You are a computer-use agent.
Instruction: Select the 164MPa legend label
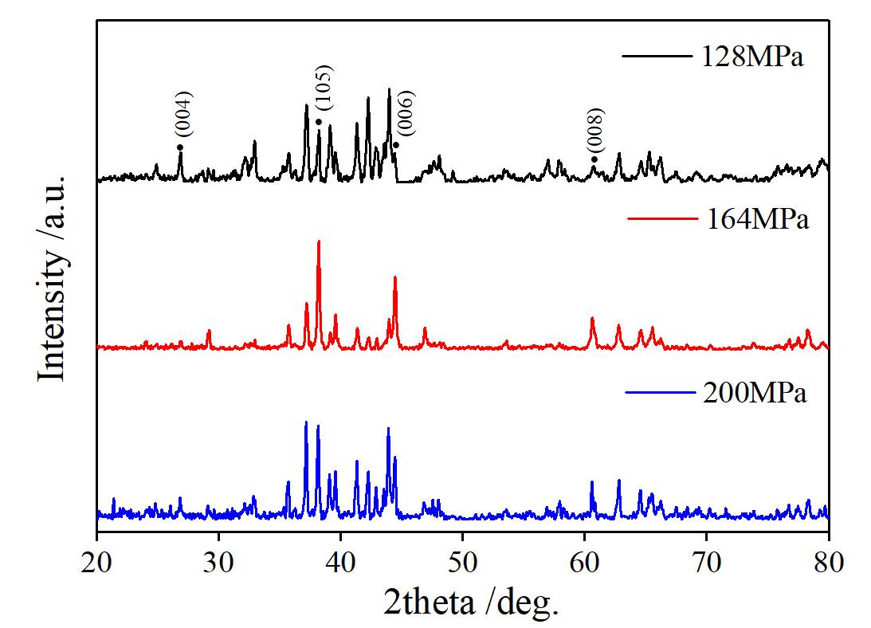[x=758, y=218]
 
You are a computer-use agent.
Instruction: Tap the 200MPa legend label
[x=755, y=393]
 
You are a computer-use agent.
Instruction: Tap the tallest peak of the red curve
[x=319, y=241]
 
